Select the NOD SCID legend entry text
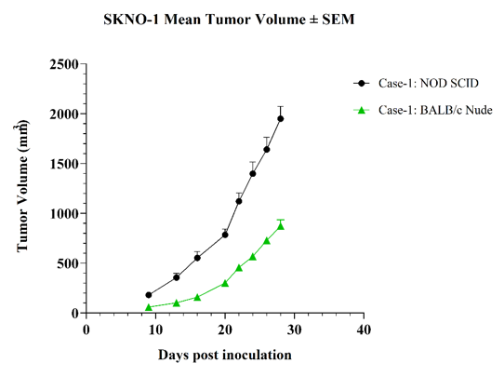429,84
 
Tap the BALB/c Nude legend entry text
435,110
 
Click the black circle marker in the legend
362,84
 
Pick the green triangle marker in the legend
362,111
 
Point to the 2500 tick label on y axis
64,64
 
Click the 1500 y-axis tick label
64,164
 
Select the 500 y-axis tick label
68,263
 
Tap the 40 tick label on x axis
364,329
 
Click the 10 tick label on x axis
155,329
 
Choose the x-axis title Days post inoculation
225,356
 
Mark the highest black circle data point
281,119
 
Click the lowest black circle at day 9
149,295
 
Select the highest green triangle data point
281,226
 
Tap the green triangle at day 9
149,307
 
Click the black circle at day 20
225,235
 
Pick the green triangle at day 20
225,283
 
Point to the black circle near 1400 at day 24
253,174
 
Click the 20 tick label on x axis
225,329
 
